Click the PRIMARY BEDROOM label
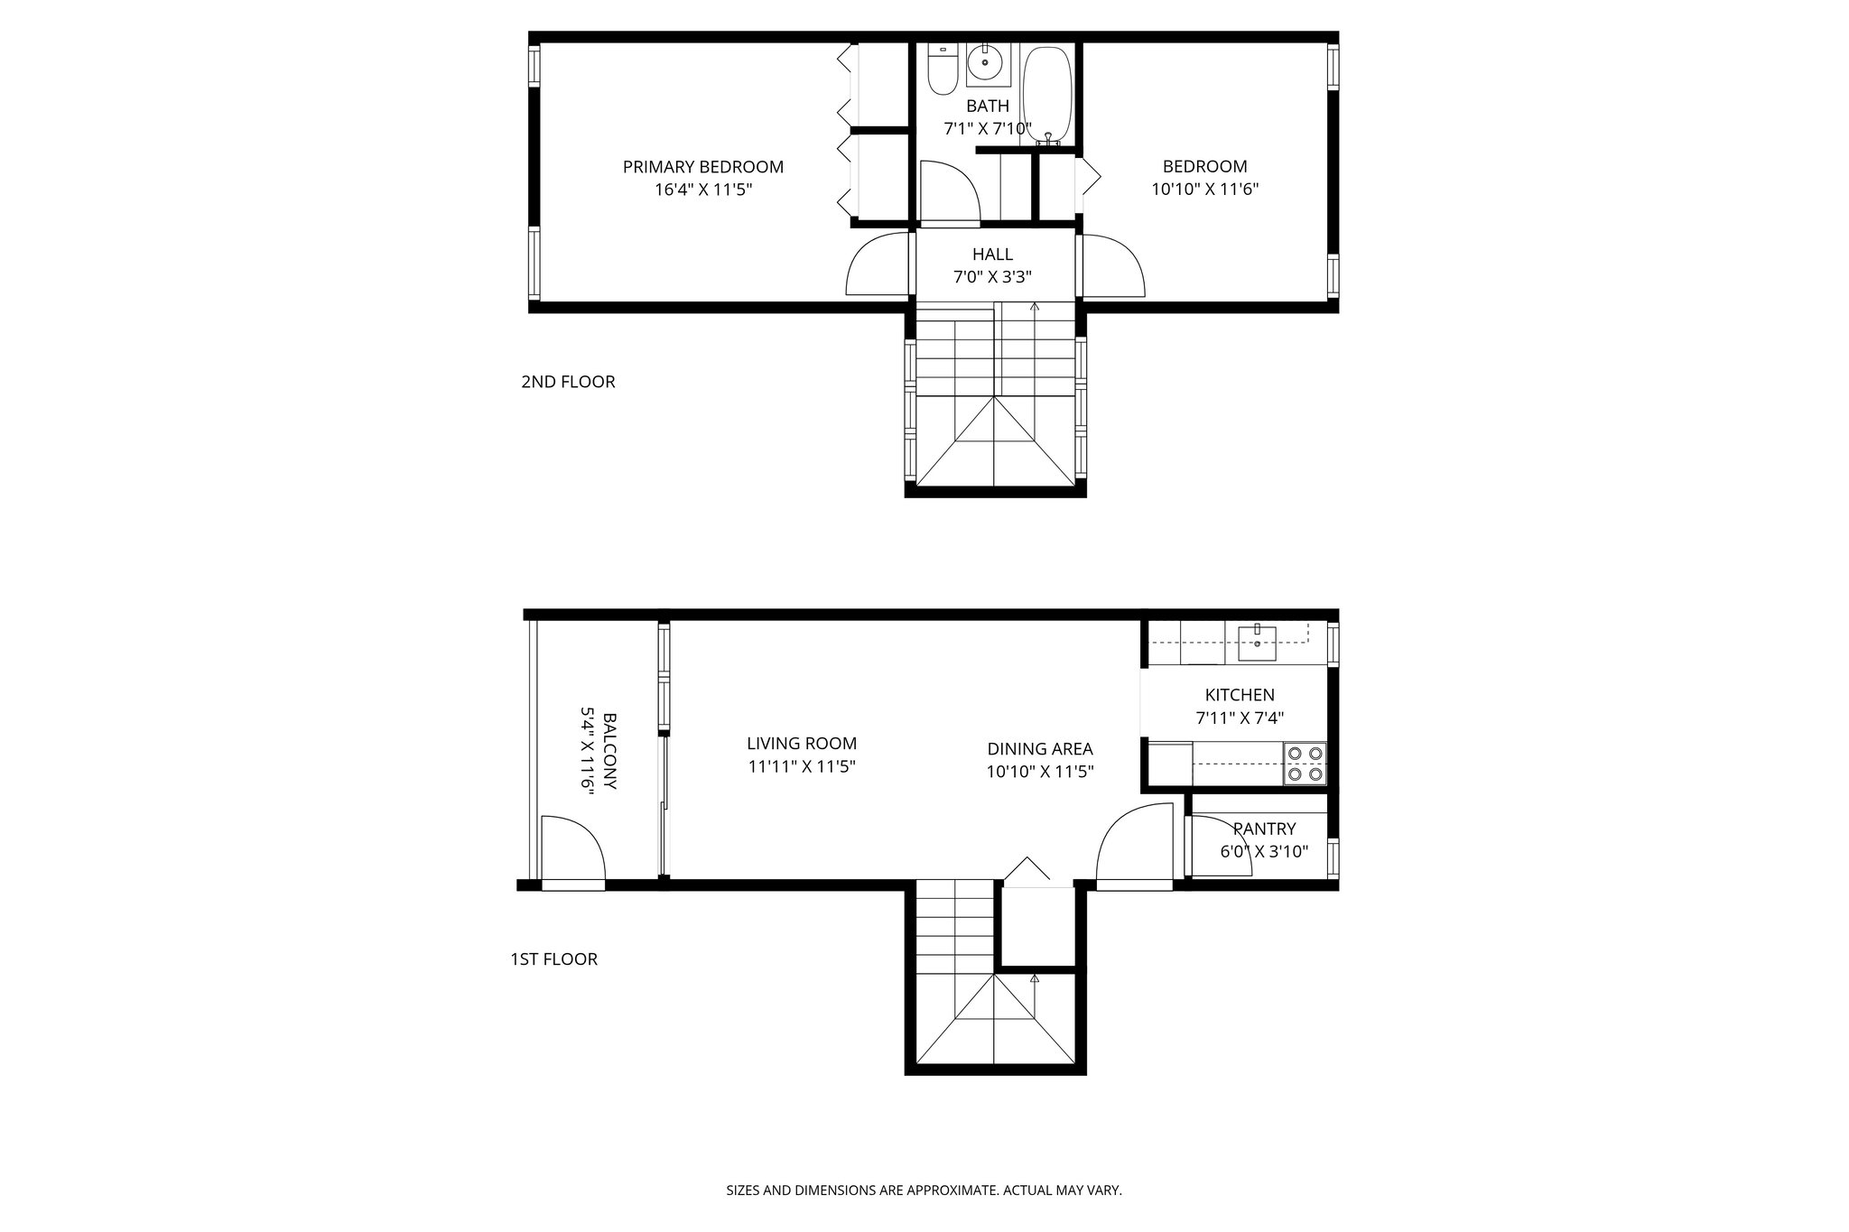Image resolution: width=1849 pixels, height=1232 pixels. click(703, 167)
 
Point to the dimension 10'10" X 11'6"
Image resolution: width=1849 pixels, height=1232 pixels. click(1204, 190)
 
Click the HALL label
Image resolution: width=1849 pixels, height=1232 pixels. click(992, 255)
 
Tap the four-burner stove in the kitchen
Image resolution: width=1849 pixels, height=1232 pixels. click(1305, 763)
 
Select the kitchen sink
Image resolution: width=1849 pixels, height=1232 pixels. click(1257, 643)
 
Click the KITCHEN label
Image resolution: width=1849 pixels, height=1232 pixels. click(1240, 695)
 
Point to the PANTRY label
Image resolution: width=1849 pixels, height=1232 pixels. click(1264, 829)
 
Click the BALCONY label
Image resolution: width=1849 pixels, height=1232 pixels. click(609, 751)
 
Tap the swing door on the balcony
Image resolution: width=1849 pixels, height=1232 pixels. click(571, 848)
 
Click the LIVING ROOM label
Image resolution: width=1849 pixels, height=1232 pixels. click(802, 744)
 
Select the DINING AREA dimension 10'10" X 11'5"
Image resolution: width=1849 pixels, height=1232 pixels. click(1040, 772)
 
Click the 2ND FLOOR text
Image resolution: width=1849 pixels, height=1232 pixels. click(568, 382)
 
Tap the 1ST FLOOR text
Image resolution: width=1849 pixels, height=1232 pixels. click(553, 959)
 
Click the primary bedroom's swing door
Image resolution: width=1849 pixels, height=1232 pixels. click(878, 266)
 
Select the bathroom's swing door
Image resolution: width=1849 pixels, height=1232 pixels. click(948, 191)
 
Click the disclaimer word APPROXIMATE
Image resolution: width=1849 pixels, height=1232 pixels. click(951, 1190)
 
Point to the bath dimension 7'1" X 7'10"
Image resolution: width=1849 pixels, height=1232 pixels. click(987, 129)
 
